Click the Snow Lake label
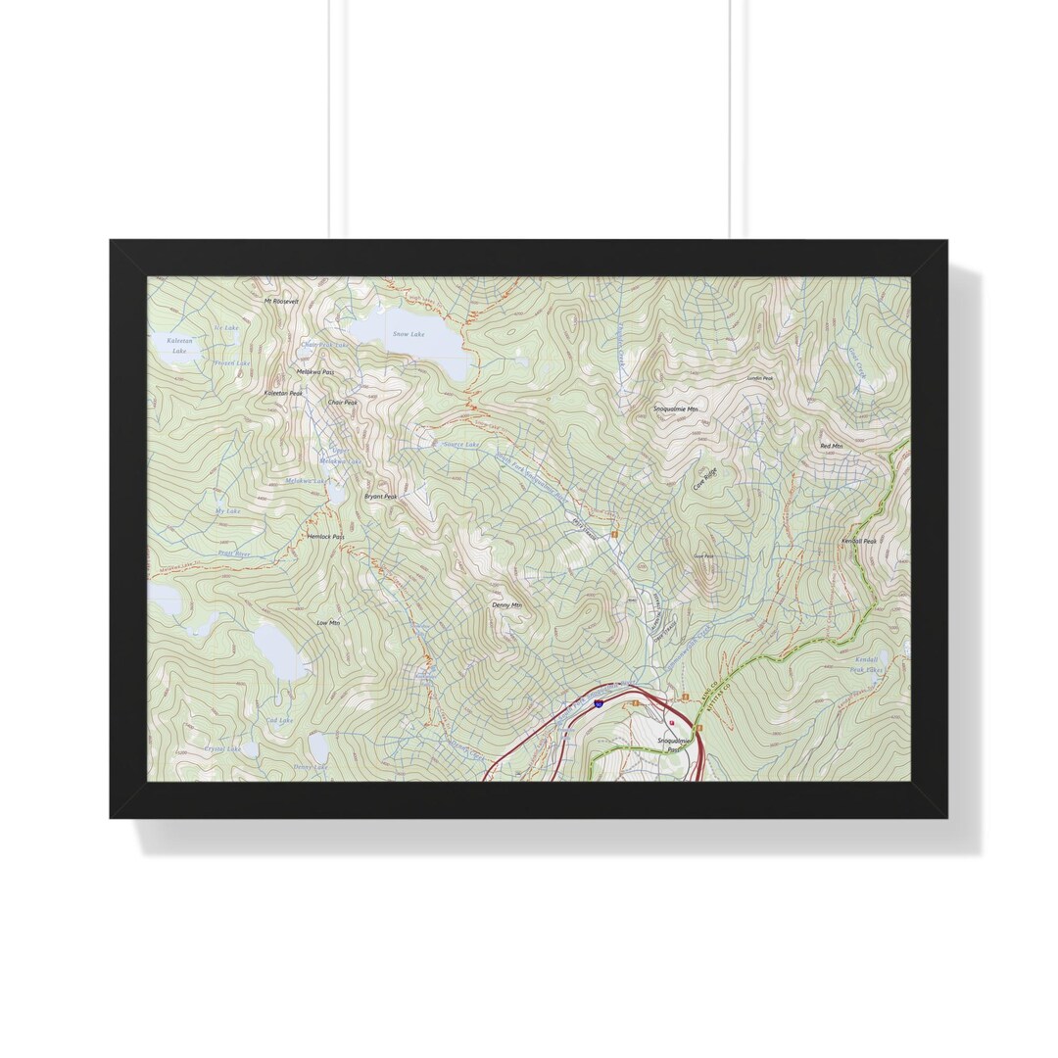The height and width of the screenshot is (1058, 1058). coord(409,335)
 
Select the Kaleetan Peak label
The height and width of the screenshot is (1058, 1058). coord(283,393)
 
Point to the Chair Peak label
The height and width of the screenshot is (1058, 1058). coord(343,403)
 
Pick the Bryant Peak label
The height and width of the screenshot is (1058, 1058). coord(381,497)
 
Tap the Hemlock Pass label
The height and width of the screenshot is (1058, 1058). coord(325,537)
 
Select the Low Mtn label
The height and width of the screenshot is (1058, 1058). coord(328,623)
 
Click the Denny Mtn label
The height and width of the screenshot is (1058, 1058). coord(506,605)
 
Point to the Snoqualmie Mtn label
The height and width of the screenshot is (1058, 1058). coord(677,409)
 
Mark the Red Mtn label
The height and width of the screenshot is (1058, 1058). coord(831,447)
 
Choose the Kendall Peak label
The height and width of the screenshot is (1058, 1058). coord(859,541)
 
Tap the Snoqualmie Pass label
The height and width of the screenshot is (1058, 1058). coord(674,745)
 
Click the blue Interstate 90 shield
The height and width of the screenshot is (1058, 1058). coord(599,703)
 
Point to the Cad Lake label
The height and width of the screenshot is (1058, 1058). coord(280,720)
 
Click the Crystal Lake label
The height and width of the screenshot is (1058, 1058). coord(222,748)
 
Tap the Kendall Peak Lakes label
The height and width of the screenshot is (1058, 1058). coord(866,665)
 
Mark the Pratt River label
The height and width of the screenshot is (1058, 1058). coord(234,553)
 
